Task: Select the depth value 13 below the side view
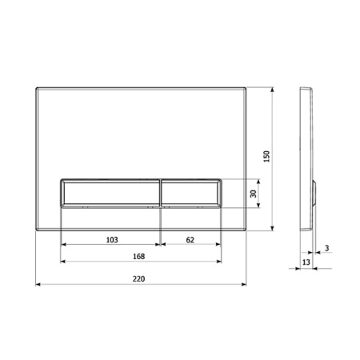tap(306, 262)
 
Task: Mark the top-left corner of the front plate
tap(38, 86)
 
